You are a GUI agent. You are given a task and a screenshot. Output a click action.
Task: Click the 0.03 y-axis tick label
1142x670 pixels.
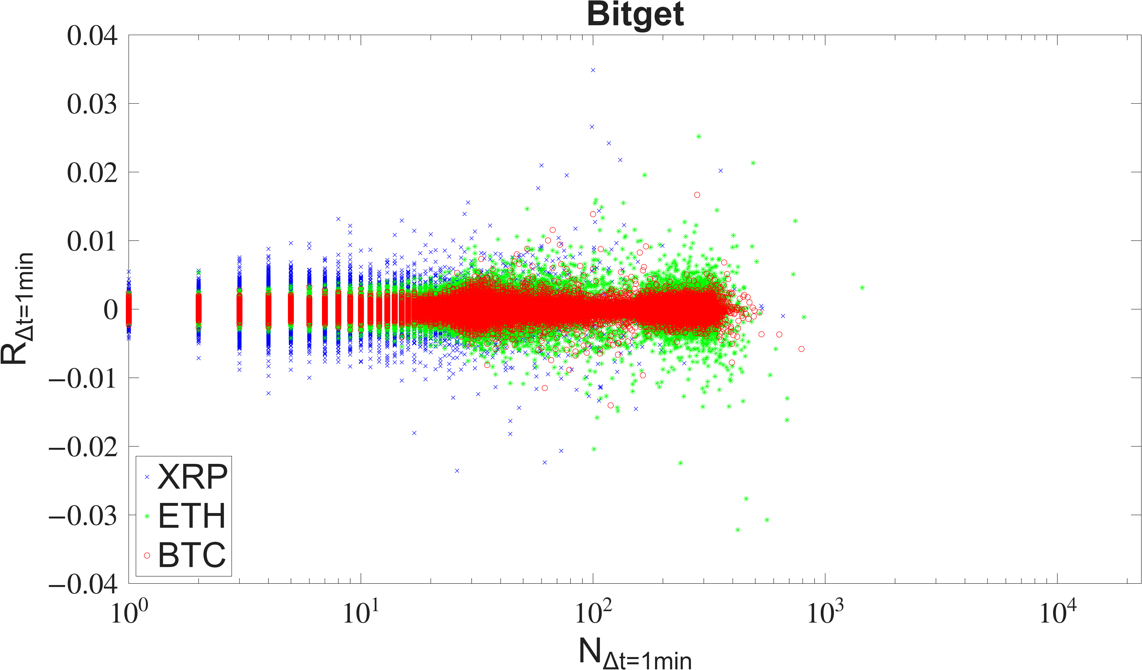[92, 104]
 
